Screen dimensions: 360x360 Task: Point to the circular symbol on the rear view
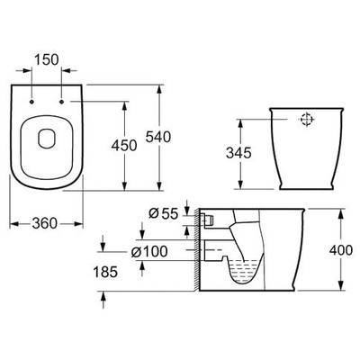click(306, 119)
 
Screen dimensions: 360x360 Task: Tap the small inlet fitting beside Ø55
click(207, 219)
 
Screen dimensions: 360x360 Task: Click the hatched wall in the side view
click(196, 252)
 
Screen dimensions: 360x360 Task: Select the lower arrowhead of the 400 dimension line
click(342, 288)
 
